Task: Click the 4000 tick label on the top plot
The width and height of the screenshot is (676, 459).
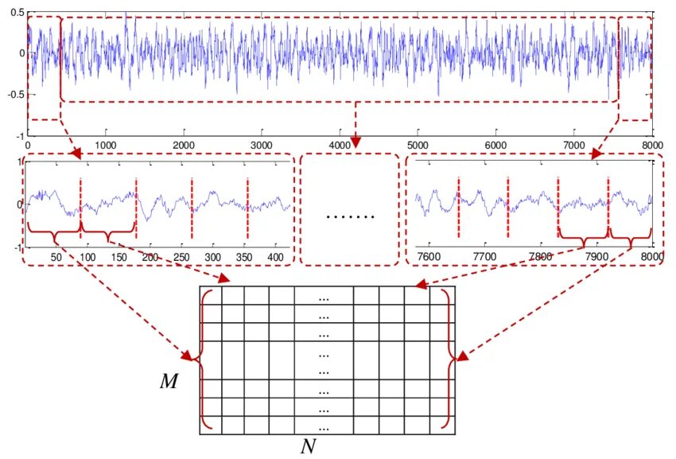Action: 340,146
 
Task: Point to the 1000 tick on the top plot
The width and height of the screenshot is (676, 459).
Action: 106,146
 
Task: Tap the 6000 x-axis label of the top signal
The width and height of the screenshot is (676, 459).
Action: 495,146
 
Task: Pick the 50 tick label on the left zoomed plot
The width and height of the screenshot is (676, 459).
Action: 56,258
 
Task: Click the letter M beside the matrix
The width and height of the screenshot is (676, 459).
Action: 169,382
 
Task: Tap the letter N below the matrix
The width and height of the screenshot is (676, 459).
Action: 309,446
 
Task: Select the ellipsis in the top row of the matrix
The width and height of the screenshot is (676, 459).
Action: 324,298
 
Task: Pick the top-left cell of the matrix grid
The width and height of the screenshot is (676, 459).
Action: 210,294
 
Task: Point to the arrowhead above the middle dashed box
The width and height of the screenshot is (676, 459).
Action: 355,142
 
